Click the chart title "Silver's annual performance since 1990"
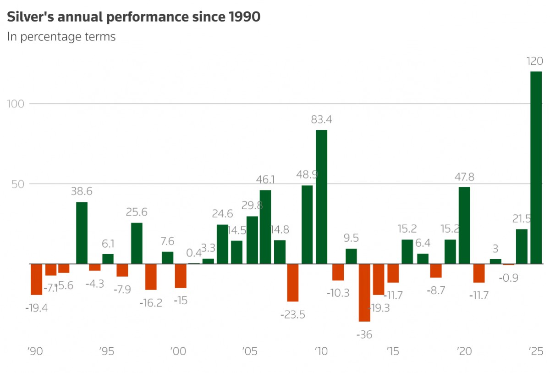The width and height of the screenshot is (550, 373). click(x=133, y=17)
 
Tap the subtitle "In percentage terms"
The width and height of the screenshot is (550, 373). click(x=61, y=37)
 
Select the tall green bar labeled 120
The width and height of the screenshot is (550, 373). click(x=536, y=167)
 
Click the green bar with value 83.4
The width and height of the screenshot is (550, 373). click(x=321, y=197)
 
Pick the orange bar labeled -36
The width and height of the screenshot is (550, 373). click(x=364, y=292)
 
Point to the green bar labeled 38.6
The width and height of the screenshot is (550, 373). click(x=82, y=233)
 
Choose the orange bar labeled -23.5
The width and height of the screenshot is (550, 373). click(x=293, y=282)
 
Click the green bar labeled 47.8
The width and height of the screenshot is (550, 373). click(x=464, y=225)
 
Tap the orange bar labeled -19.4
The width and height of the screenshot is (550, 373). click(x=36, y=279)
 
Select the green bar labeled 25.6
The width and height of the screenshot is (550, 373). click(x=137, y=243)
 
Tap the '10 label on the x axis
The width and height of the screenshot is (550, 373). click(x=321, y=352)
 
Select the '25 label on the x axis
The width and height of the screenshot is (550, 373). click(x=535, y=352)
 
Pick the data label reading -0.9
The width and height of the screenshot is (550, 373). click(x=508, y=278)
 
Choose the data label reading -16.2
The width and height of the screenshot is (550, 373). click(x=151, y=303)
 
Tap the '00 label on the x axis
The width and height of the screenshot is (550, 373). click(x=178, y=352)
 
